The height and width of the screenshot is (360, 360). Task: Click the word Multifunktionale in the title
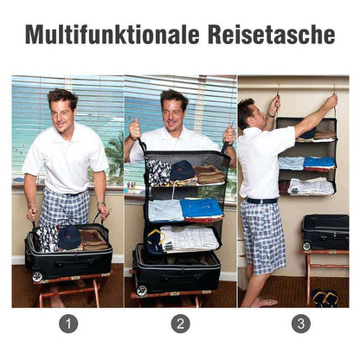click(x=112, y=35)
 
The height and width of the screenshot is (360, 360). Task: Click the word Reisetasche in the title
click(x=271, y=35)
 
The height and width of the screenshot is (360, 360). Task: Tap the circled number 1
click(x=68, y=324)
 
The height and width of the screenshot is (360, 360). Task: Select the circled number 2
click(x=180, y=324)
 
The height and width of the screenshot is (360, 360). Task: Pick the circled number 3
click(x=301, y=324)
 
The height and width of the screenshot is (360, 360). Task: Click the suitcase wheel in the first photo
click(x=37, y=276)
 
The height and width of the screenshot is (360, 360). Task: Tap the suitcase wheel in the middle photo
click(x=142, y=290)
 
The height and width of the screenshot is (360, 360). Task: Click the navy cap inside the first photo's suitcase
click(x=69, y=238)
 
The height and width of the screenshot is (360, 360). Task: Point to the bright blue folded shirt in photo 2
click(x=202, y=209)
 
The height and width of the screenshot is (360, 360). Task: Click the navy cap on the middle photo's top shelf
click(x=182, y=170)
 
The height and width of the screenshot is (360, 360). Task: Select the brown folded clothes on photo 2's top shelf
click(x=209, y=175)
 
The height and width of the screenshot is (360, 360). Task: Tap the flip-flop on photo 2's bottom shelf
click(x=156, y=241)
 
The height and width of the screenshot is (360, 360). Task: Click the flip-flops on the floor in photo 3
click(x=325, y=298)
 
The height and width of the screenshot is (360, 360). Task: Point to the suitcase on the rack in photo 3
click(x=325, y=232)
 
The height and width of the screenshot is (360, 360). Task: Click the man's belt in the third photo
click(x=261, y=201)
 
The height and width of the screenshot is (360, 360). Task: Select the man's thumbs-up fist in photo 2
click(x=135, y=129)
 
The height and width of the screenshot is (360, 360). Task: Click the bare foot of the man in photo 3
click(x=266, y=302)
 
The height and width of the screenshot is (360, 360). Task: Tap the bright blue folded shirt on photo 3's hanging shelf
click(x=319, y=163)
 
